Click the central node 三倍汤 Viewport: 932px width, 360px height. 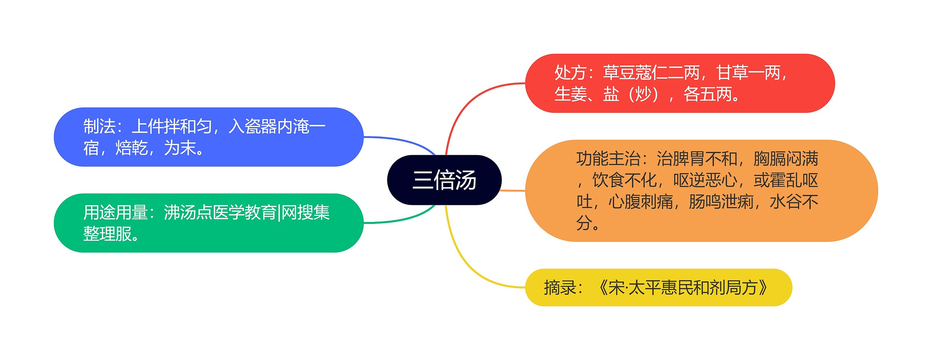tap(444, 180)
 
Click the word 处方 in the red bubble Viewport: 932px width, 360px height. tap(570, 73)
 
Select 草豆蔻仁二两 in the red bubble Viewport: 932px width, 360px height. tap(651, 73)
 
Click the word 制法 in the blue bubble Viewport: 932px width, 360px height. tap(99, 126)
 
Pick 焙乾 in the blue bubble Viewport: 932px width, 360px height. tap(131, 148)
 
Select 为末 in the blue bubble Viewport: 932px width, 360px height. tap(180, 148)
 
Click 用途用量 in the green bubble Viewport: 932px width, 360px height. tap(115, 212)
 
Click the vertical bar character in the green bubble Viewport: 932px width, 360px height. tap(279, 213)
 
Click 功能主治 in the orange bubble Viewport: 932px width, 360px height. tap(608, 159)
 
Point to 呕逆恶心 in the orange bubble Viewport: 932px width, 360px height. tap(705, 180)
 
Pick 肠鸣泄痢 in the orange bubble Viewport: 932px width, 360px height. tap(721, 202)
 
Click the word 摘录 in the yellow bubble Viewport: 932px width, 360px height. tap(560, 288)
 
